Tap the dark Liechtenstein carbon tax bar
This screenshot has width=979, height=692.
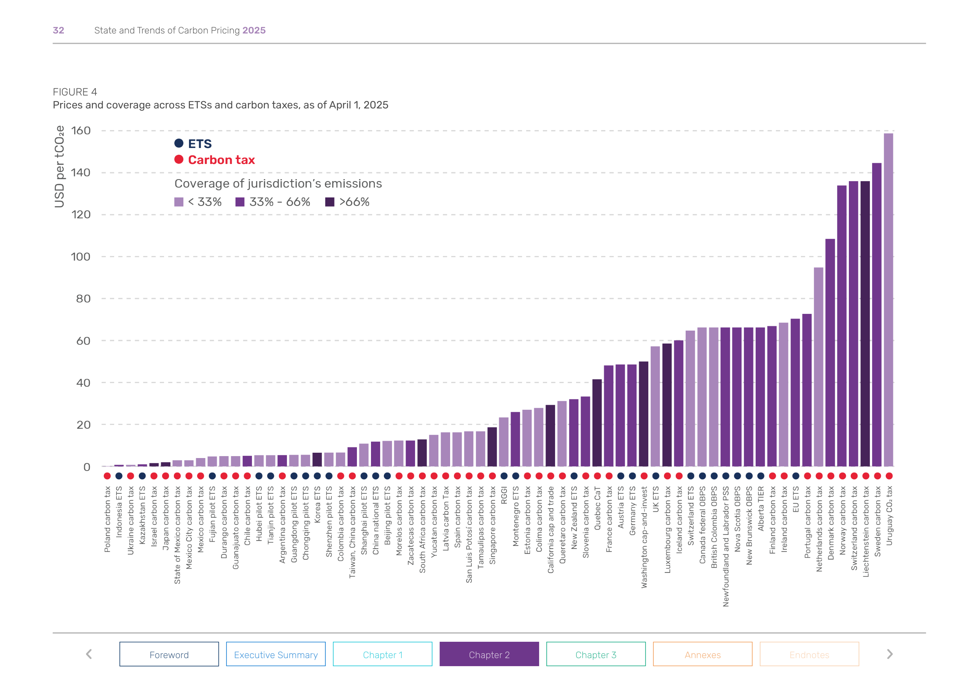click(x=865, y=324)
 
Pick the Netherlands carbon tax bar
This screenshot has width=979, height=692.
click(x=818, y=367)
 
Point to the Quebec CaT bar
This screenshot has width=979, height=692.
click(x=597, y=423)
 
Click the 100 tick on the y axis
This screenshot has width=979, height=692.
click(x=81, y=257)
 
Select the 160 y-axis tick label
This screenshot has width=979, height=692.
click(x=81, y=130)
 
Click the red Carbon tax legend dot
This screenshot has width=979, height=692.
click(x=179, y=159)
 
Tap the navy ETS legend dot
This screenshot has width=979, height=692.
click(x=179, y=143)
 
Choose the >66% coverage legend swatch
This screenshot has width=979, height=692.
click(x=330, y=202)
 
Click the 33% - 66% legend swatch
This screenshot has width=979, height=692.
click(x=240, y=202)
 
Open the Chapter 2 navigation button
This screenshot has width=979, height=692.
click(x=489, y=654)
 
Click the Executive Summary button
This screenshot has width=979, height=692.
click(x=276, y=654)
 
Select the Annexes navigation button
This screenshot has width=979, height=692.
click(x=702, y=654)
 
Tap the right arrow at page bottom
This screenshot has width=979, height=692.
click(x=890, y=654)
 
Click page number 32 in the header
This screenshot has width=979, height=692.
click(x=59, y=30)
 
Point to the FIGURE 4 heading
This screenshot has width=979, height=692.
click(x=75, y=92)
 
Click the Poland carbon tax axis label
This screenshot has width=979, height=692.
click(x=107, y=519)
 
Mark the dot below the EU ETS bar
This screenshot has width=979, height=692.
click(x=795, y=476)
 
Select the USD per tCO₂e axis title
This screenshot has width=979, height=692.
click(x=60, y=167)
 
